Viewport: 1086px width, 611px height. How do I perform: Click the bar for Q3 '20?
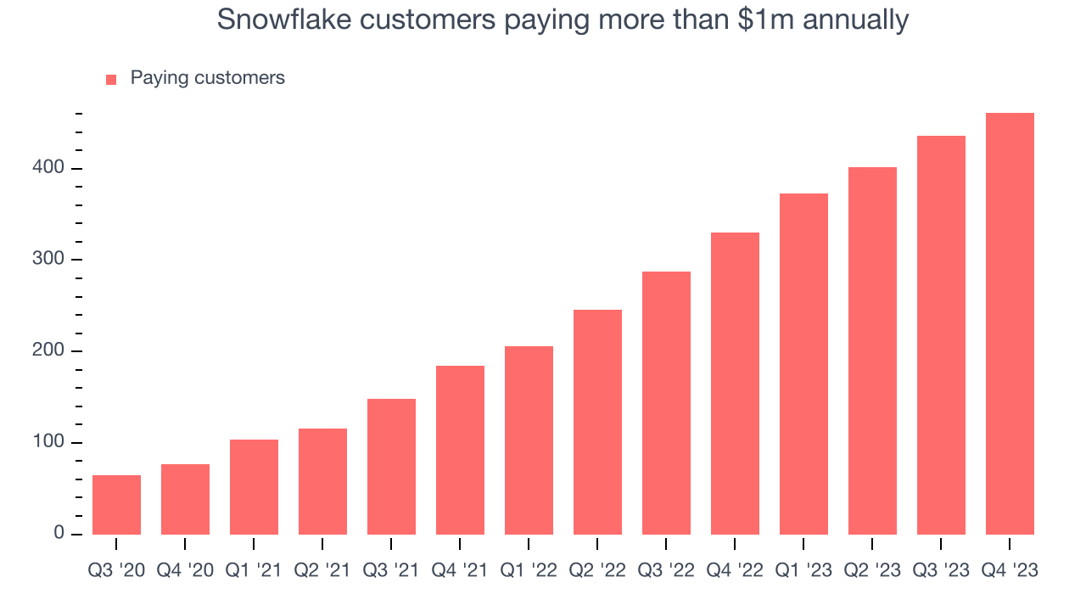[x=116, y=505]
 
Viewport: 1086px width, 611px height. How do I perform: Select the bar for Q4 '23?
[x=1010, y=323]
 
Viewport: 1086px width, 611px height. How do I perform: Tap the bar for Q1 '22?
[x=529, y=440]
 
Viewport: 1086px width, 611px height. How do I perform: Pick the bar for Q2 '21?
[x=322, y=481]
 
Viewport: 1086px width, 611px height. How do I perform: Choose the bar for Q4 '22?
[x=735, y=384]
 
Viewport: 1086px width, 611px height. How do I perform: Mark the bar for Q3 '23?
[x=941, y=335]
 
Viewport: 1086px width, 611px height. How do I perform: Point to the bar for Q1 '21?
[x=254, y=487]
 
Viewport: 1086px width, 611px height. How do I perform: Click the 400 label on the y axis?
[x=48, y=168]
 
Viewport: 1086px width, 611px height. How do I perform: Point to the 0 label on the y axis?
[x=59, y=534]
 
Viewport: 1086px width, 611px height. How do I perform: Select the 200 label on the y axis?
[x=48, y=351]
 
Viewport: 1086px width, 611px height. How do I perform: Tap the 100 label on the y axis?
[x=48, y=443]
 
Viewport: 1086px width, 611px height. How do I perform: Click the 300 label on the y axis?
[x=48, y=260]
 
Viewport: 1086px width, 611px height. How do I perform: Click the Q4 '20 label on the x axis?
[x=185, y=571]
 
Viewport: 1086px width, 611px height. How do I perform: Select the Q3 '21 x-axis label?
[x=391, y=571]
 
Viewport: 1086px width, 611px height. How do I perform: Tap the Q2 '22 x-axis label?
[x=597, y=571]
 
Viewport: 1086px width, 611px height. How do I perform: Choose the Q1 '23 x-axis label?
[x=803, y=571]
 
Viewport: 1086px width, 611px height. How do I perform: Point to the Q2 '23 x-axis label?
[x=872, y=571]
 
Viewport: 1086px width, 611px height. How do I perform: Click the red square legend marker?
[x=111, y=79]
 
